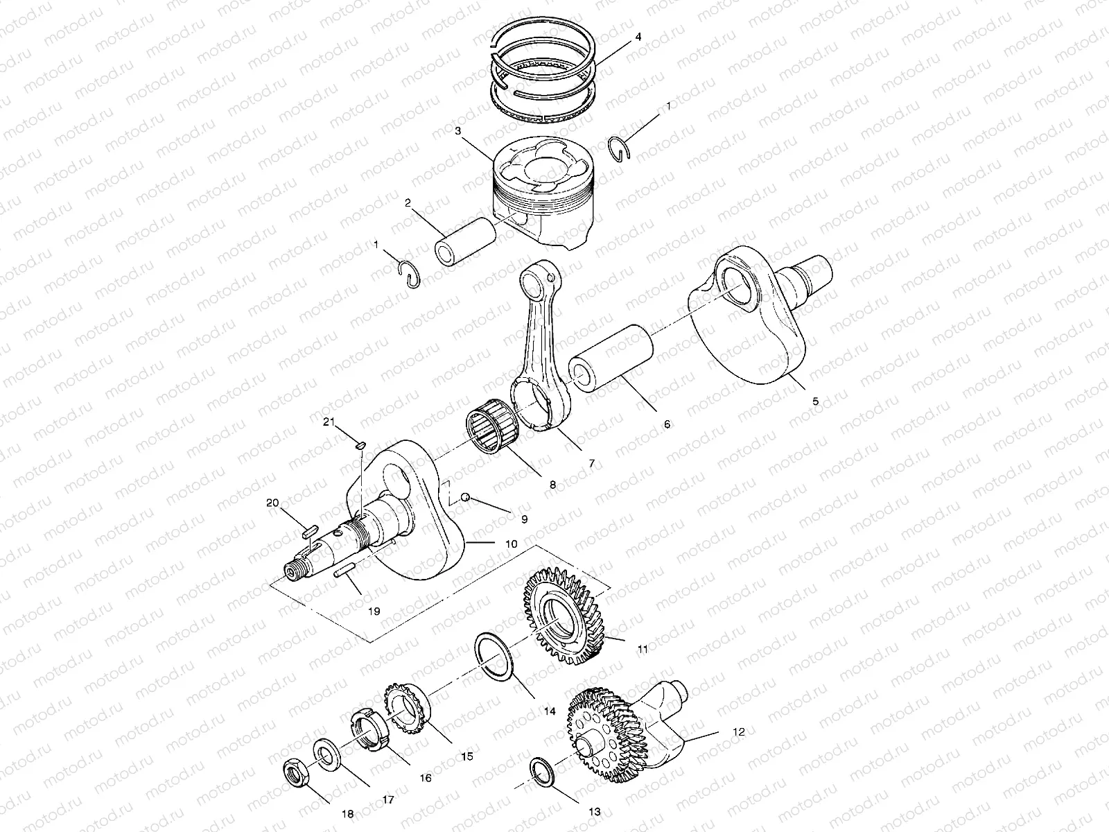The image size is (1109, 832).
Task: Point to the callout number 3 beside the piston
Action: pos(459,130)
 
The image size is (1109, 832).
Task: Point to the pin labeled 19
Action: pos(344,573)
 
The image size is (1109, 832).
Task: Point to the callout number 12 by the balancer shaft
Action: pos(738,731)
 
